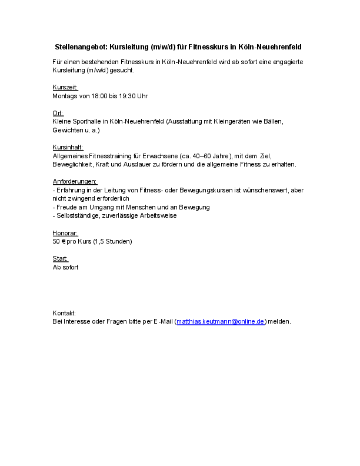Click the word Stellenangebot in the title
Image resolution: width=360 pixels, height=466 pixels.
pos(81,46)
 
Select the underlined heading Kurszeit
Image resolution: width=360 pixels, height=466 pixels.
pos(65,87)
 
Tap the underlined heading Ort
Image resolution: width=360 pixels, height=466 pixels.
pos(58,113)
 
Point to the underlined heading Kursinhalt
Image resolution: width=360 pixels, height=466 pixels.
pos(68,147)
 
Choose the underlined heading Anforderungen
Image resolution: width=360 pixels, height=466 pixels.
pos(75,181)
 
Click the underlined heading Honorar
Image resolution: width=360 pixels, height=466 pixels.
pos(65,233)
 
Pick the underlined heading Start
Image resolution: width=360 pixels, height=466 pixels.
pos(60,259)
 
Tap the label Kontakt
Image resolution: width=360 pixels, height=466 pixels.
pos(64,313)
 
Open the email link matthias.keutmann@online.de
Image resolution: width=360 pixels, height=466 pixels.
pos(221,321)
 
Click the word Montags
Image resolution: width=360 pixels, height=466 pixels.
pos(65,95)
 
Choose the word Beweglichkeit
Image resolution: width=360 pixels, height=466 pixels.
pos(74,164)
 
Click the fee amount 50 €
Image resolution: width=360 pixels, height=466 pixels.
pos(59,241)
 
